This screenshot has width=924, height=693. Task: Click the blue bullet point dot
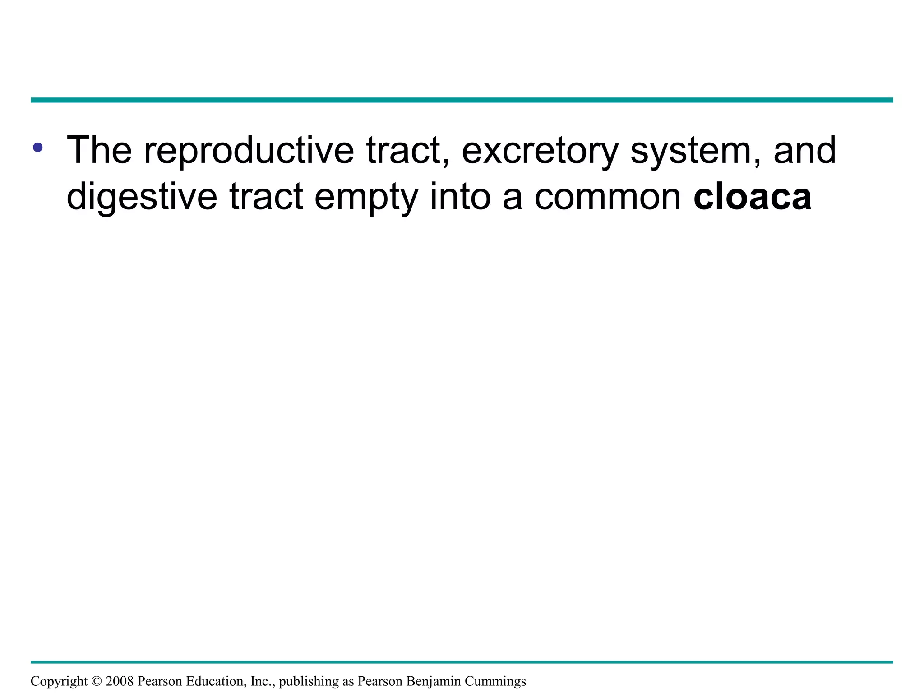click(38, 147)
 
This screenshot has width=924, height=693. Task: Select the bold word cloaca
click(752, 197)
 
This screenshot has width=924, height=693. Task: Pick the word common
click(607, 197)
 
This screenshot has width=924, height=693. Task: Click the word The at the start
click(99, 150)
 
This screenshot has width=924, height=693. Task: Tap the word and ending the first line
click(804, 150)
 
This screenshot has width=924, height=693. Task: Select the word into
click(460, 197)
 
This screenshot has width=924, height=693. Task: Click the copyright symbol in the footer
click(97, 681)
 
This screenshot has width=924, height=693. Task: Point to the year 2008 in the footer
click(120, 681)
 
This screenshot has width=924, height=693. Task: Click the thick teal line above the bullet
click(462, 100)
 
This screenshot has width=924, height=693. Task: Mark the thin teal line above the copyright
click(462, 662)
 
